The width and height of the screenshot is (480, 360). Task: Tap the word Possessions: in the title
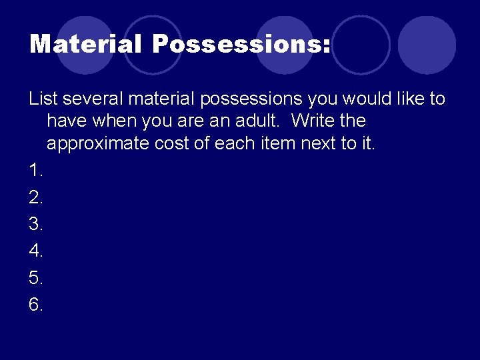tap(241, 45)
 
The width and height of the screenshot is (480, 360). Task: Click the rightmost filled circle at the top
tap(427, 45)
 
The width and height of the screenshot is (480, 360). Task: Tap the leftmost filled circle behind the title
tap(85, 45)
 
